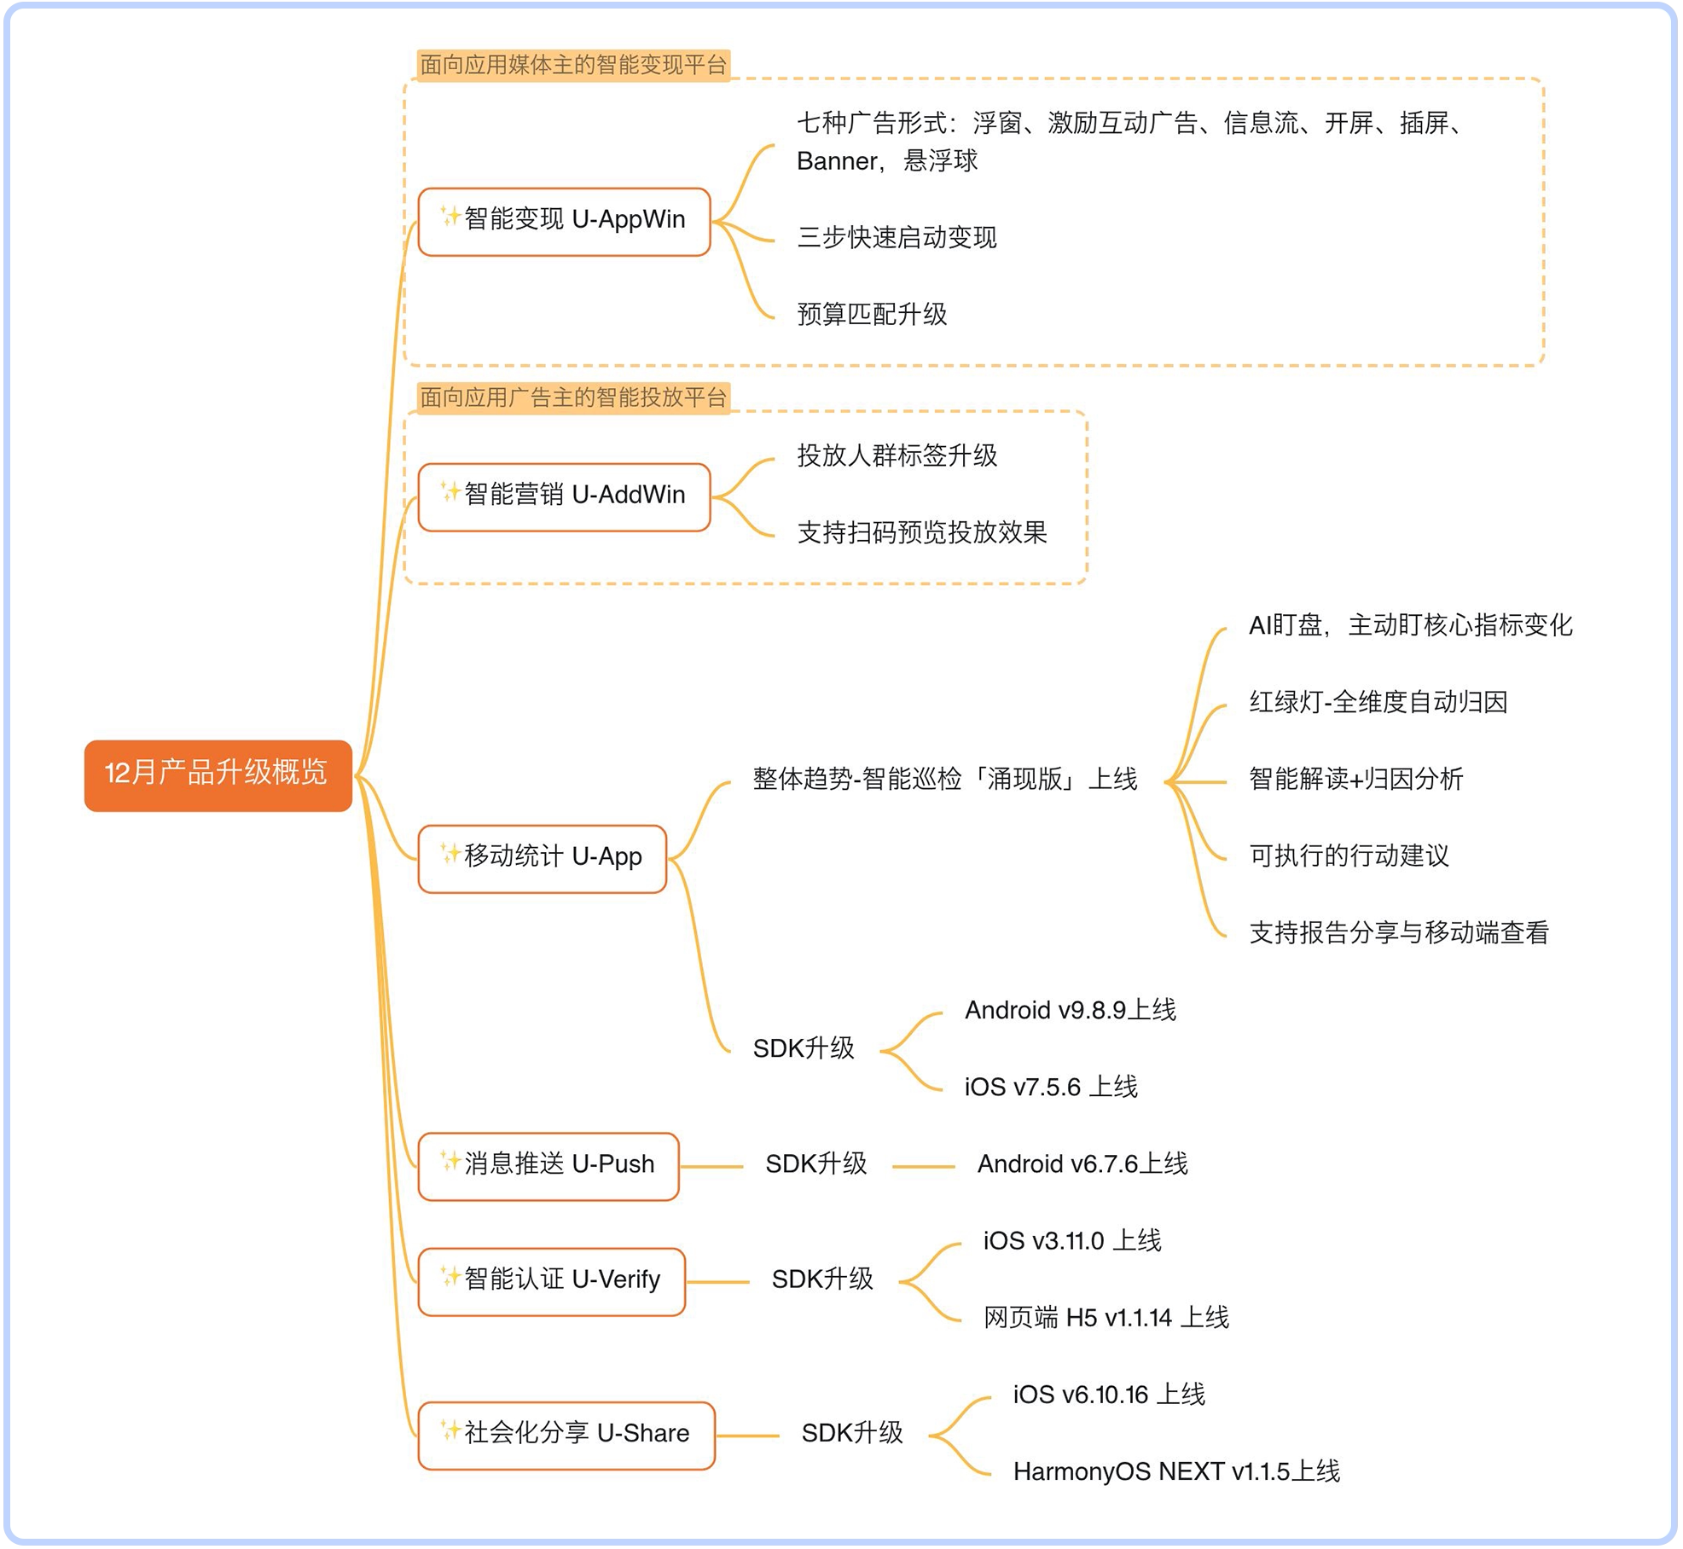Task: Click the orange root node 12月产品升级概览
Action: coord(218,774)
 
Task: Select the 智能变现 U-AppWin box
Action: coord(564,221)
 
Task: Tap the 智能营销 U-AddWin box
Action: coord(564,496)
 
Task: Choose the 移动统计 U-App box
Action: coord(542,858)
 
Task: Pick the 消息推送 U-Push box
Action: coord(548,1166)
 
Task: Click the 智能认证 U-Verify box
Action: coord(551,1281)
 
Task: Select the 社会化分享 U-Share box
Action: coord(566,1435)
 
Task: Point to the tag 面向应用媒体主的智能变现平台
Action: coord(573,65)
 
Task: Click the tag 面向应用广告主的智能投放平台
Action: coord(573,397)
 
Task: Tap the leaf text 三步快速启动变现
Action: coord(897,238)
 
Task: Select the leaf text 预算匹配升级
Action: coord(872,315)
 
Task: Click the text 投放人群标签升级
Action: coord(897,456)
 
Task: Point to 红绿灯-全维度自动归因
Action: coord(1378,703)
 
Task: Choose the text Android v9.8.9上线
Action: coord(1070,1011)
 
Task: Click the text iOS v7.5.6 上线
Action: coord(1051,1088)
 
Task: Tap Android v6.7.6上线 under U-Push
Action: coord(1082,1164)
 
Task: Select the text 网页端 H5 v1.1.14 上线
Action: coord(1106,1319)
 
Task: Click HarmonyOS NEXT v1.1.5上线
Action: coord(1176,1472)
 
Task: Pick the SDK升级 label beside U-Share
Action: coord(851,1434)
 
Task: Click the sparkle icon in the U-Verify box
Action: coord(450,1277)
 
